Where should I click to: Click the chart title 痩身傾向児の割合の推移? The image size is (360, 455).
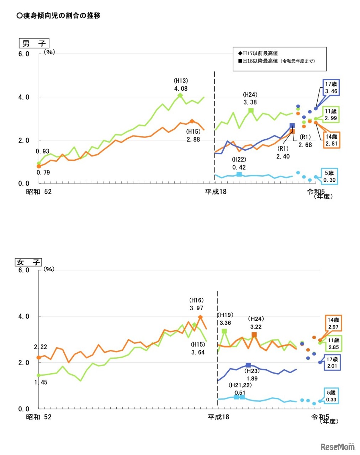[59, 16]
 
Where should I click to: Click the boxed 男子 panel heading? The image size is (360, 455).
[34, 43]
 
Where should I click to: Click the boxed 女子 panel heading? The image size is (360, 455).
[28, 262]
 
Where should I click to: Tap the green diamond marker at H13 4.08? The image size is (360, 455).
[180, 95]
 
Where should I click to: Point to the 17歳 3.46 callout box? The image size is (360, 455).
[331, 88]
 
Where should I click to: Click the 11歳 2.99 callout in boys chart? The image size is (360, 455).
[331, 115]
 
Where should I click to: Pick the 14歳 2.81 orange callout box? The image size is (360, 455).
[331, 140]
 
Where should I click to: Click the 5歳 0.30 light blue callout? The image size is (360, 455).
[329, 176]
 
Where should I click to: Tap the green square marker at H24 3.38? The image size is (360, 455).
[250, 111]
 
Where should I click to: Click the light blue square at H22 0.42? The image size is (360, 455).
[239, 174]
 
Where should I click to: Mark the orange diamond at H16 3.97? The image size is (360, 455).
[200, 317]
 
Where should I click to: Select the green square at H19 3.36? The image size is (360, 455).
[224, 331]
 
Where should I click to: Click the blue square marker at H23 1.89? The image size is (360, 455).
[248, 365]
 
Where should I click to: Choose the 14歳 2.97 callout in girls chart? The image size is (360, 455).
[333, 323]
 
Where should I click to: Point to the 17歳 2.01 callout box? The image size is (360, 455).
[332, 363]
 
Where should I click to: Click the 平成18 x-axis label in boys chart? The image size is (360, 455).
[216, 192]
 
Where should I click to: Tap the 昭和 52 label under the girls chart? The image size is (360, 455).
[39, 417]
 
